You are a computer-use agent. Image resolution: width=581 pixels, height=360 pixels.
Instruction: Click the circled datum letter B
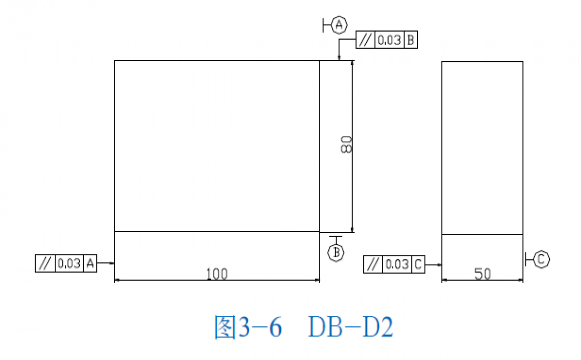click(336, 252)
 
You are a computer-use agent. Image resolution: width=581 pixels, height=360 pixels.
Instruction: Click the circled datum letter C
click(541, 259)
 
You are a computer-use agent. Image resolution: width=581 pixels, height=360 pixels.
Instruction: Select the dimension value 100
click(217, 274)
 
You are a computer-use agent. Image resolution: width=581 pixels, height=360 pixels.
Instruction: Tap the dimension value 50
click(483, 274)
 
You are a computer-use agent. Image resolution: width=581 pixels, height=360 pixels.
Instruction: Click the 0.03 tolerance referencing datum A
click(70, 264)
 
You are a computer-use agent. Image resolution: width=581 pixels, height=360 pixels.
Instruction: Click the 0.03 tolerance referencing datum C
click(397, 264)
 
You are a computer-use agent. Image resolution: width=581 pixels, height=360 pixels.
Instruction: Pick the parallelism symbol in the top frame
click(365, 40)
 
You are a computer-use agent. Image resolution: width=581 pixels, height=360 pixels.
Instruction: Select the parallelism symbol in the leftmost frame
click(45, 264)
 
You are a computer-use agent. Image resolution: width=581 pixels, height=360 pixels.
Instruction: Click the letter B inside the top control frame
click(411, 40)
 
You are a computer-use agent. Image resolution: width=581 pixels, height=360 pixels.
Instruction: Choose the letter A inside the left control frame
click(90, 264)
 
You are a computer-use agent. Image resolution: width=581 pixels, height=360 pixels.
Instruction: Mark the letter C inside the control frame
click(418, 264)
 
